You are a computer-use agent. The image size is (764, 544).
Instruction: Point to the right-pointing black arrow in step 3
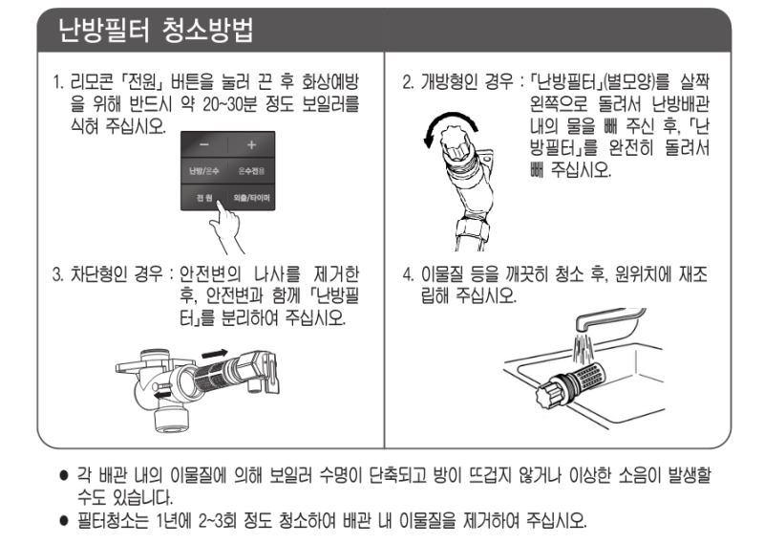click(x=217, y=355)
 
